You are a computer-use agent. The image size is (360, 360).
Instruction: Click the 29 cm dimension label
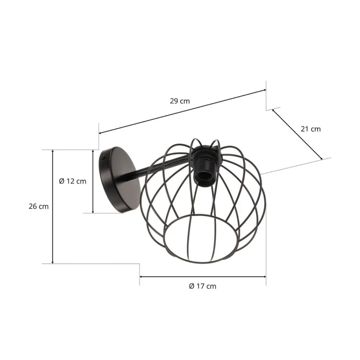pos(180,101)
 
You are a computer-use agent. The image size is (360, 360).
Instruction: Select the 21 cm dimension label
pos(310,129)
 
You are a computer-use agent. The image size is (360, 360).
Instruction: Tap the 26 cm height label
pos(39,207)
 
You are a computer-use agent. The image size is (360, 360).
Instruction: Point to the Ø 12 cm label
pos(73,181)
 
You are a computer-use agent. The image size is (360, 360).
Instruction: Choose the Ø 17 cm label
pos(203,286)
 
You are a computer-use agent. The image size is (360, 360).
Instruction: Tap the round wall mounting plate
pos(121,180)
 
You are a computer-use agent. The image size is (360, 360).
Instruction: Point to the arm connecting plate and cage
pos(151,170)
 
